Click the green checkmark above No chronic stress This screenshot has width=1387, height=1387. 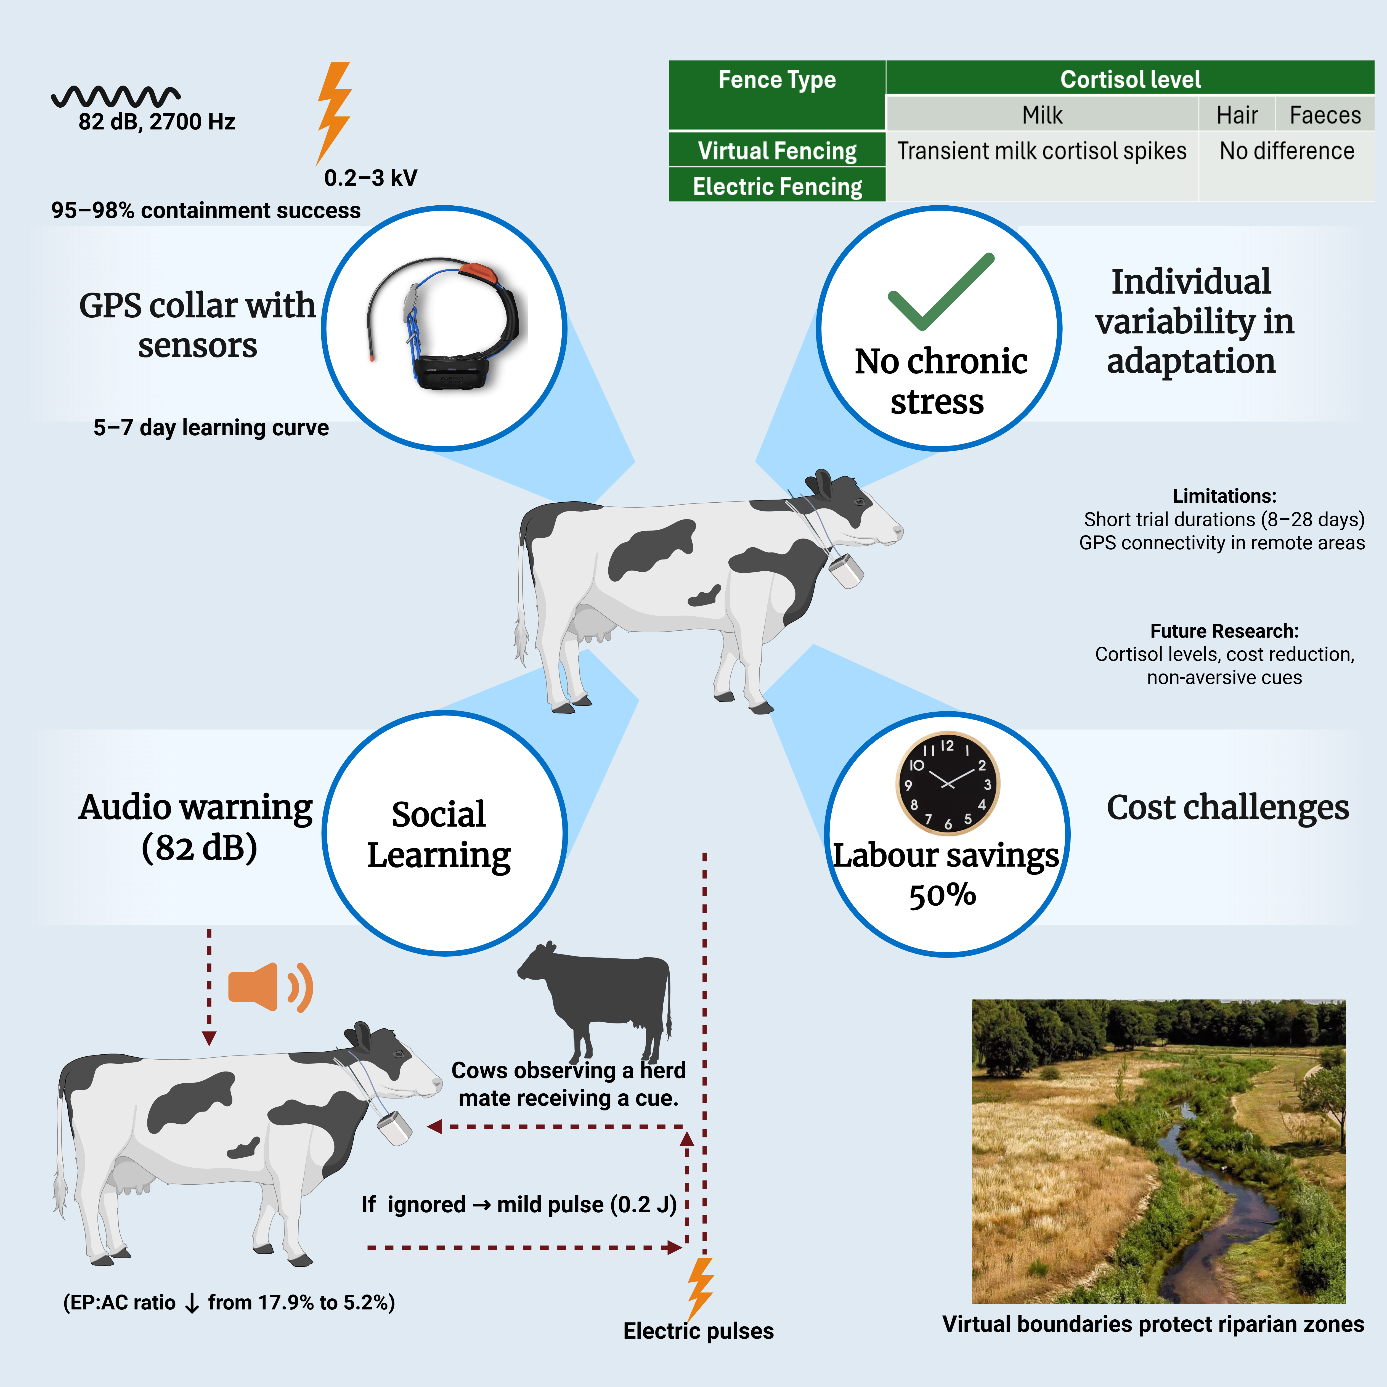tap(940, 291)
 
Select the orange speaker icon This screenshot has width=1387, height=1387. tap(269, 987)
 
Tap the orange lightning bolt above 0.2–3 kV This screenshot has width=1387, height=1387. tap(334, 111)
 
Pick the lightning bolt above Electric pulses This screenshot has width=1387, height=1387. tap(700, 1289)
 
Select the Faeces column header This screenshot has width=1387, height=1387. tap(1325, 115)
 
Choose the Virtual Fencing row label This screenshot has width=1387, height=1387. tap(777, 151)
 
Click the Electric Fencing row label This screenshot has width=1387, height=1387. tap(777, 187)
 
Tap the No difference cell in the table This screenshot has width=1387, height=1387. tap(1287, 151)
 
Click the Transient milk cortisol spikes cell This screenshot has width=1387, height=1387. tap(1041, 151)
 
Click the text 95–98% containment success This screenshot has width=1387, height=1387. tap(206, 210)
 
